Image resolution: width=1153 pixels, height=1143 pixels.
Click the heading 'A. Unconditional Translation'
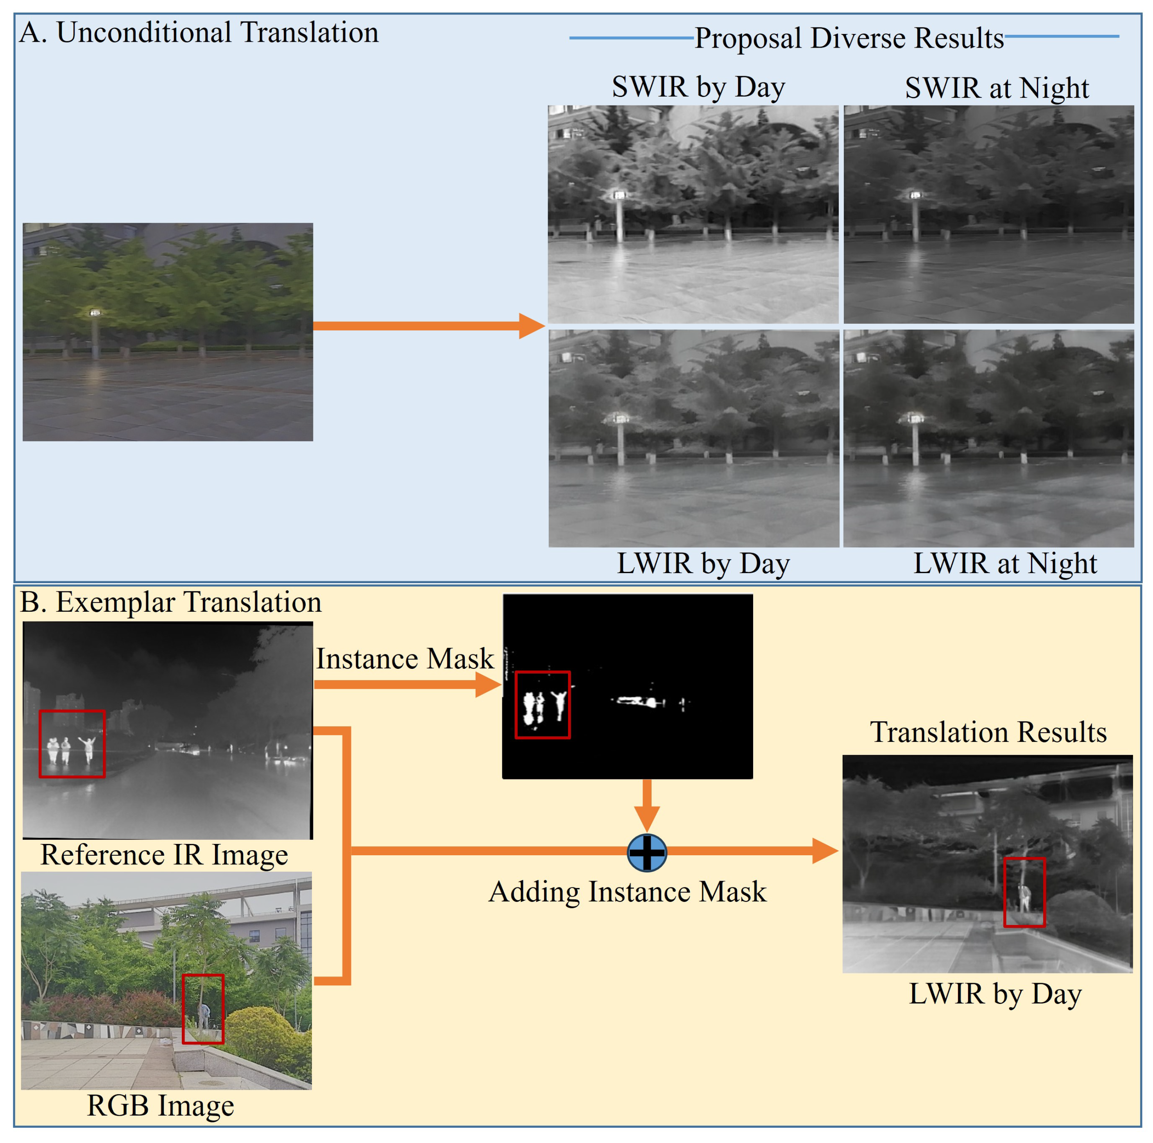point(199,33)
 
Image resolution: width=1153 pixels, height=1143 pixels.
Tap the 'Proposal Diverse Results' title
point(849,38)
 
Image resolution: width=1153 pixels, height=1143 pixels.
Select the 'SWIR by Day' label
point(698,87)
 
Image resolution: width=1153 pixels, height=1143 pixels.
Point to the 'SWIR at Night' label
point(997,88)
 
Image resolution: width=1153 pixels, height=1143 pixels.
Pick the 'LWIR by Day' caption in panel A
point(703,563)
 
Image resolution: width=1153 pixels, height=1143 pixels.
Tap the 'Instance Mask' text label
point(405,659)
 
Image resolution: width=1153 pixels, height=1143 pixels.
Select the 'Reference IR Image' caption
point(164,855)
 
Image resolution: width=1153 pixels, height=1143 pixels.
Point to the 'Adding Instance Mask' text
point(627,892)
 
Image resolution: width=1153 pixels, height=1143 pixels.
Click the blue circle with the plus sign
point(647,852)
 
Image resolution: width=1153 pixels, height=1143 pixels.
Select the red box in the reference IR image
point(72,744)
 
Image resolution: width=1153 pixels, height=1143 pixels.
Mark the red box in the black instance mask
point(542,705)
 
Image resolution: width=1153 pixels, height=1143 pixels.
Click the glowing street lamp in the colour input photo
point(94,312)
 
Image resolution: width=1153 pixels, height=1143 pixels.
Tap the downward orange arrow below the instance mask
point(647,806)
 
